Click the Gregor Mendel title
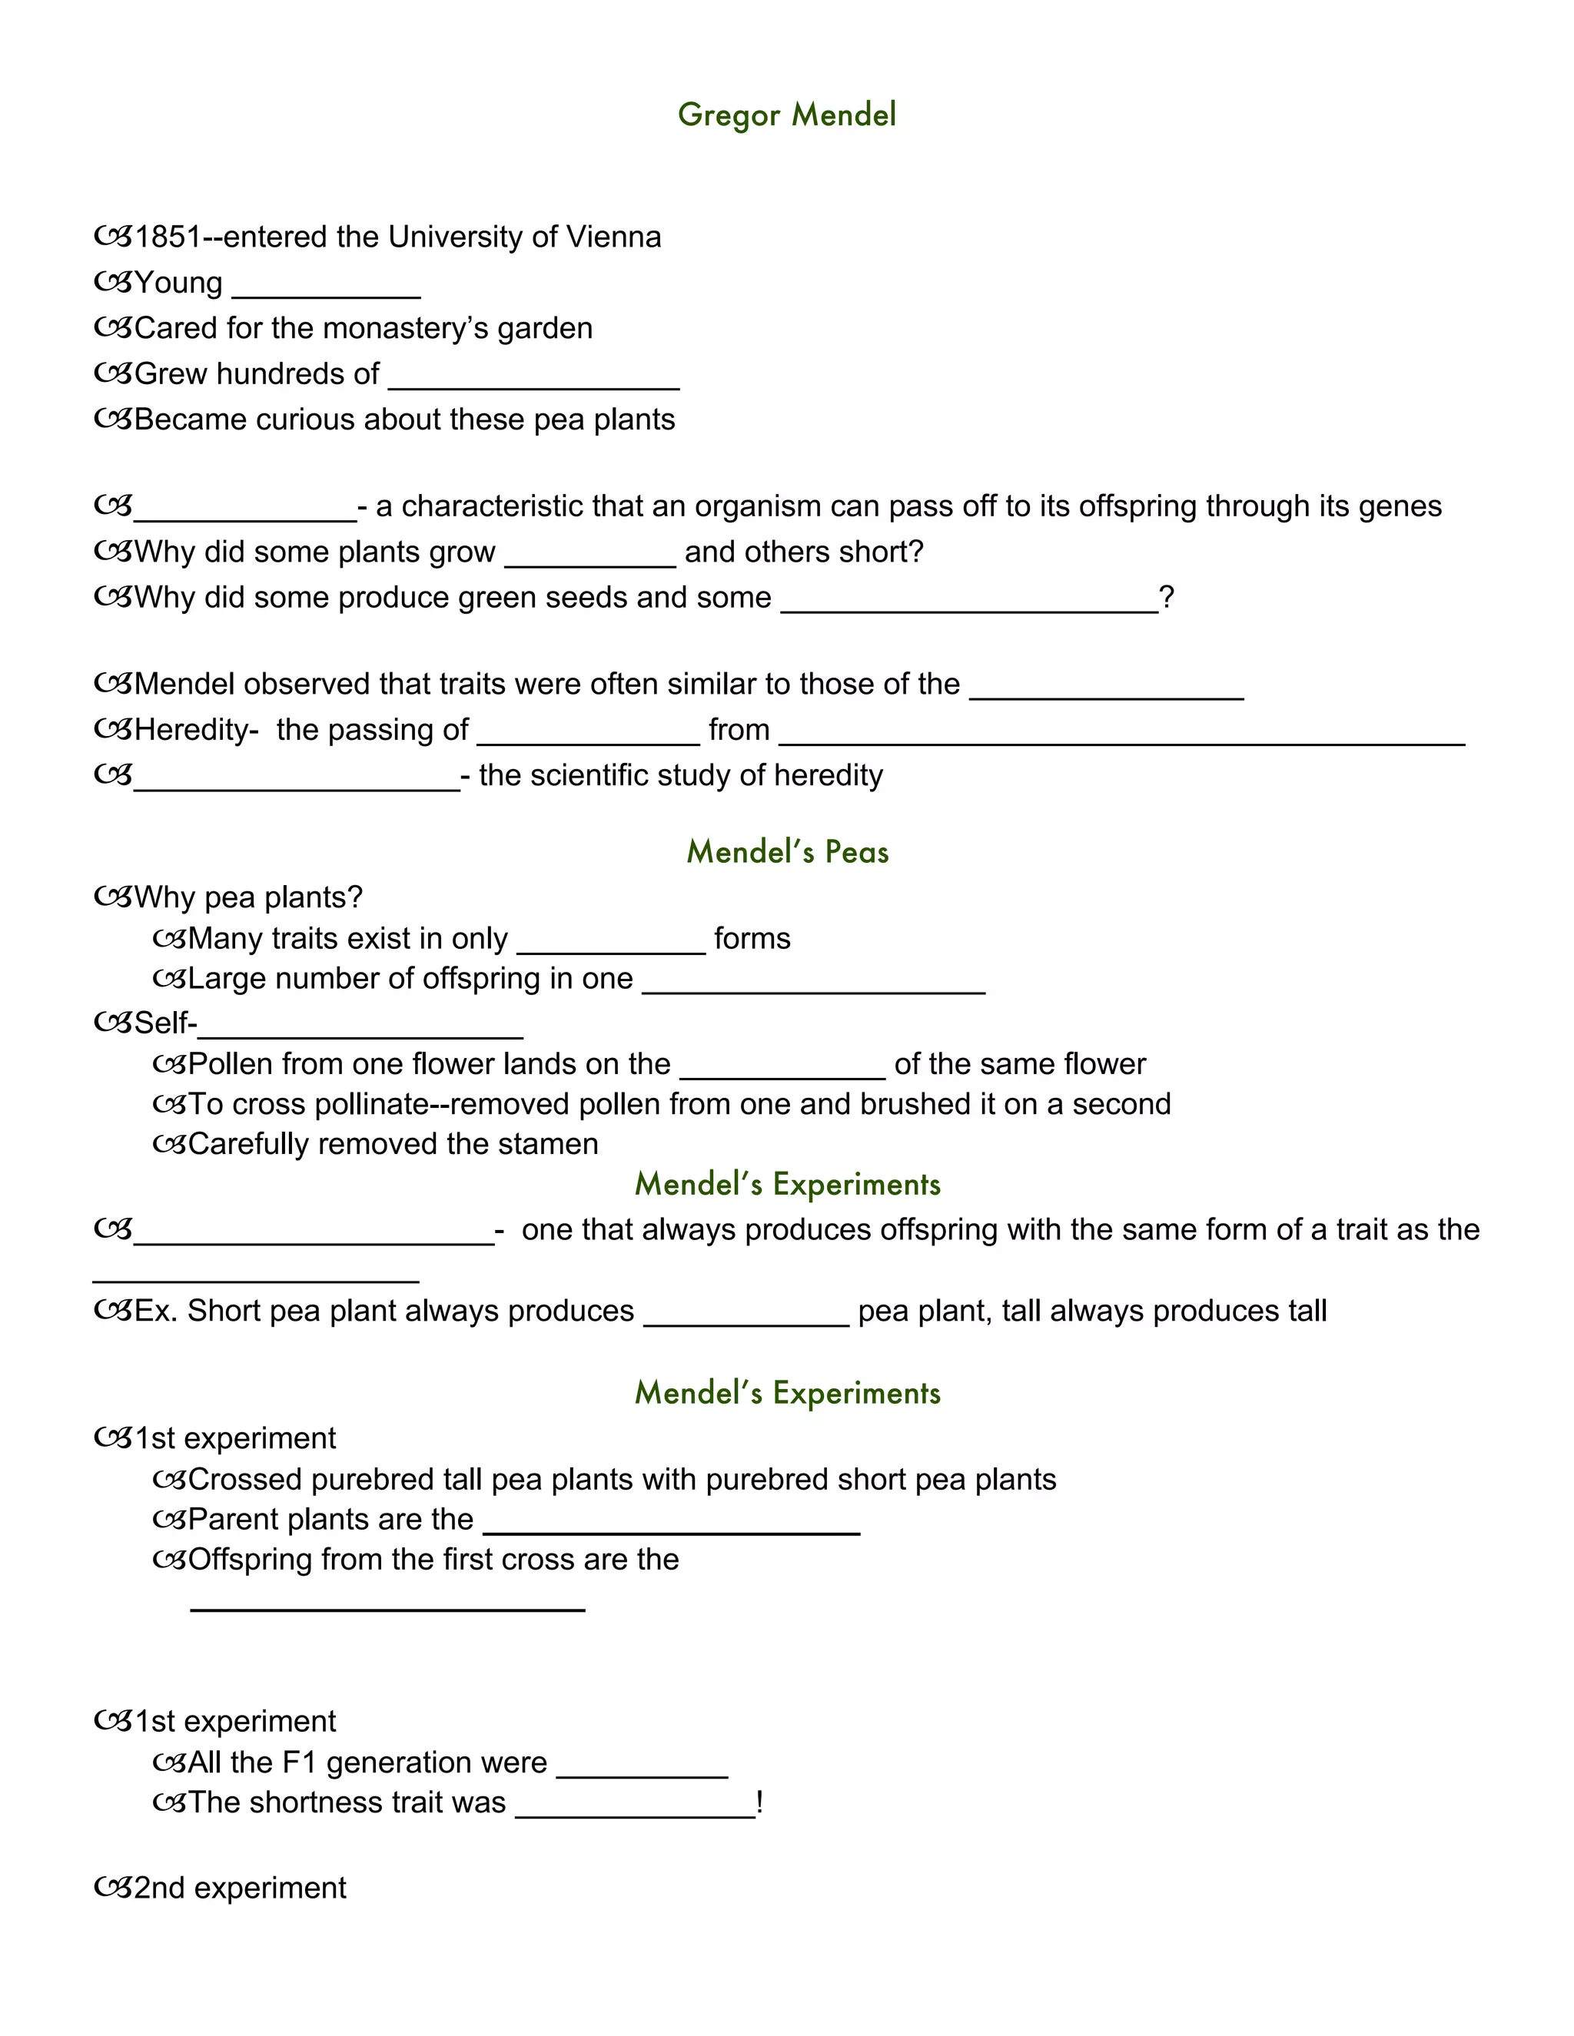pos(786,114)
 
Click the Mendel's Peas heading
pos(787,851)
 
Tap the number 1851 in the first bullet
pos(168,237)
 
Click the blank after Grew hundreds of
pos(533,380)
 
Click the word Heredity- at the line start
pos(196,729)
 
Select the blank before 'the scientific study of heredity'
pos(297,783)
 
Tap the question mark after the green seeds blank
pos(1167,597)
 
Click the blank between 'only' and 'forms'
pos(611,945)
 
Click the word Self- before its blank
pos(165,1023)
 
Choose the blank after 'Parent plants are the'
pos(672,1526)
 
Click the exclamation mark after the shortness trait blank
pos(760,1802)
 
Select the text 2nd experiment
pos(240,1888)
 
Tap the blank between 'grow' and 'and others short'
pos(589,559)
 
